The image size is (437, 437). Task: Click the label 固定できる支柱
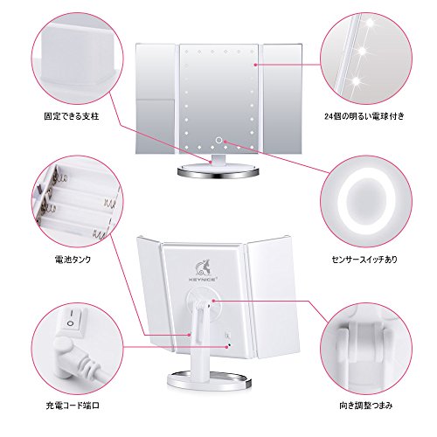[x=72, y=116]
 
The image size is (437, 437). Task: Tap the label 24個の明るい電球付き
[x=364, y=116]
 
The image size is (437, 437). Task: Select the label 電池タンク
[x=73, y=260]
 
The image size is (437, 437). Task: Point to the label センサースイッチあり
[x=364, y=260]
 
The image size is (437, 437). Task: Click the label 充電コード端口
[x=73, y=406]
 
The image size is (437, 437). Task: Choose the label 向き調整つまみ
[x=366, y=406]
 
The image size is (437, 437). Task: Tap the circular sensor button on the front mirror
[x=218, y=141]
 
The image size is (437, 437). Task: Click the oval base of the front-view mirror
[x=218, y=171]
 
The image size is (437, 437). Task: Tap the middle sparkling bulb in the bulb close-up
[x=363, y=52]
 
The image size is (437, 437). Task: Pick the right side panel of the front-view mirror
[x=282, y=98]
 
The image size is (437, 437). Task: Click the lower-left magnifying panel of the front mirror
[x=156, y=127]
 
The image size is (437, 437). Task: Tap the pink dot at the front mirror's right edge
[x=255, y=65]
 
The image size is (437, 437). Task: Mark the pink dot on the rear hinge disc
[x=213, y=301]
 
